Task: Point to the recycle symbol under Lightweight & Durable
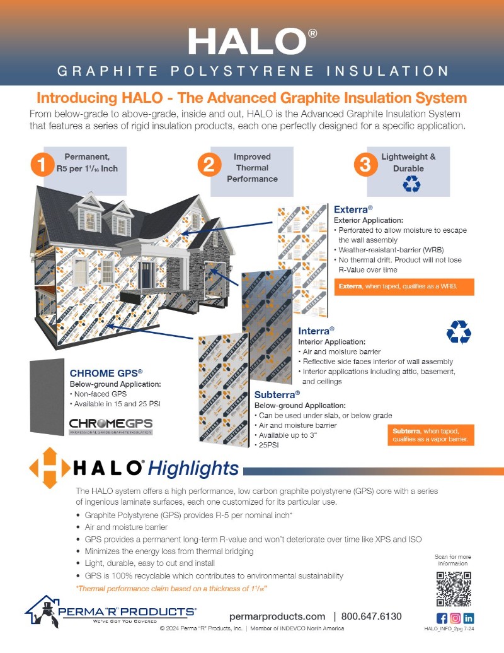point(411,184)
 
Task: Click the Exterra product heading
point(353,209)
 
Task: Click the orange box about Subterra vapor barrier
point(431,435)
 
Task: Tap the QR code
point(454,588)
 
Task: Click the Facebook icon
point(442,618)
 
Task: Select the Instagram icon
point(455,618)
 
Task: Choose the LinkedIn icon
point(469,618)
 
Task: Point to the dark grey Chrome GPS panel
point(47,397)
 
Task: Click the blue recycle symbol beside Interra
point(459,332)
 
